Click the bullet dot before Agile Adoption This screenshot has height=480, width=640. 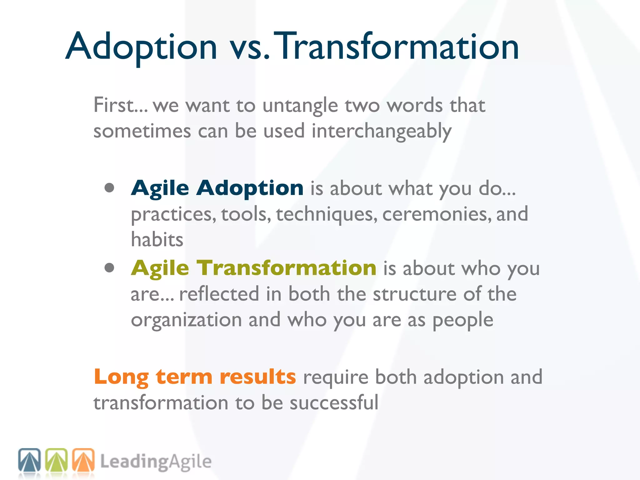(109, 188)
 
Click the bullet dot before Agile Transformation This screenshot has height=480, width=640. (109, 268)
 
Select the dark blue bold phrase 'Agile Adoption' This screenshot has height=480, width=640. (217, 188)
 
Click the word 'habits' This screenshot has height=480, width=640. (157, 240)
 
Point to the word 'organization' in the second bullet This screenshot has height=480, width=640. (186, 320)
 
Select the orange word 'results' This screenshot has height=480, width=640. (257, 377)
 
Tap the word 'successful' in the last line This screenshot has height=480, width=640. (334, 402)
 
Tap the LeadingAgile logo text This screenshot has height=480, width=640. (156, 462)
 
